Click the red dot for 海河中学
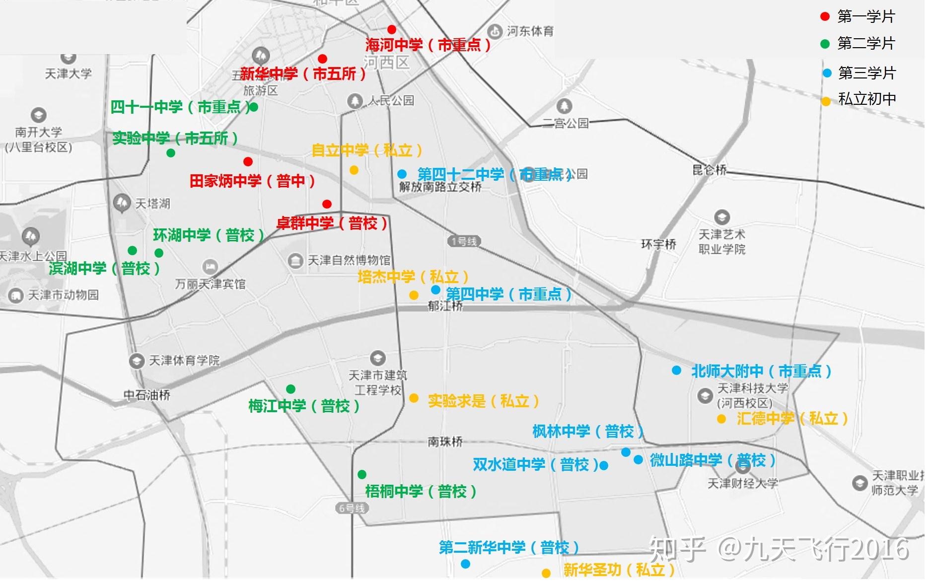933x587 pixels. point(392,29)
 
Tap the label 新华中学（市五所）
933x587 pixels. point(303,74)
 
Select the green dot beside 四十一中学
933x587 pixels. point(254,107)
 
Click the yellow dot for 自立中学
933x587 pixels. point(354,170)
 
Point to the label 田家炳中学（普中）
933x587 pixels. point(252,181)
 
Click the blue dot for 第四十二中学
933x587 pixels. point(402,174)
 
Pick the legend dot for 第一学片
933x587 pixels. point(825,17)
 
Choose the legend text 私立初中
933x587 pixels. point(867,99)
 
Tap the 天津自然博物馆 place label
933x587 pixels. point(349,260)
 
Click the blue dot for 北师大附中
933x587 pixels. point(676,370)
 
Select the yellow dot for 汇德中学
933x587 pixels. point(721,419)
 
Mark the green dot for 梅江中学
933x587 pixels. point(290,389)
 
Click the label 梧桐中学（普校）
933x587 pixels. point(421,492)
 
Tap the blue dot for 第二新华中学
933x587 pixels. point(465,564)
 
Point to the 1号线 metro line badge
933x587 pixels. point(464,241)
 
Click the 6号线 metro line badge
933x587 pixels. point(352,508)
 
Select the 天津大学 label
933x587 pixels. point(69,74)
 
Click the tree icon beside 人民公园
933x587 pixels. point(355,101)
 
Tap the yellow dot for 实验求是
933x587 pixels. point(414,398)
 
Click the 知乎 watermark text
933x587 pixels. point(677,549)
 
